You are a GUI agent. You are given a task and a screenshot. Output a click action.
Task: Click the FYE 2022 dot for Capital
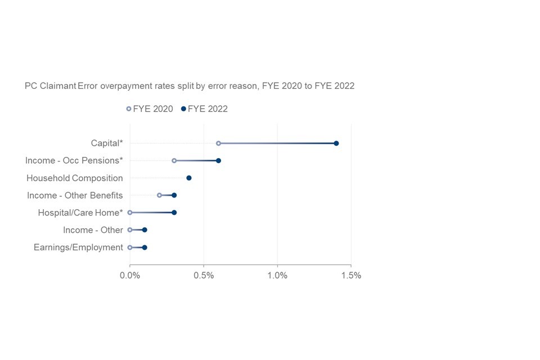tap(336, 143)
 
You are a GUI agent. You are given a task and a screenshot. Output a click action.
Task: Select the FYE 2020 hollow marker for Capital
tap(218, 143)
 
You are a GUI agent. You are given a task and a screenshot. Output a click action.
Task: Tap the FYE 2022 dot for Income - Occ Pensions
tap(218, 160)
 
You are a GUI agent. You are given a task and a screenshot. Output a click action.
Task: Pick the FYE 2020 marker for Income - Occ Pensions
tap(174, 160)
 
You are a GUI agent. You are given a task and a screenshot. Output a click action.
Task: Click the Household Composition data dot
tap(189, 178)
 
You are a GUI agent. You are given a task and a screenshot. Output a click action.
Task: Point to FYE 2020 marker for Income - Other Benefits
tap(159, 195)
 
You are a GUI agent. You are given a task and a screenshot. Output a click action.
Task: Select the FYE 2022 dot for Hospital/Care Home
tap(174, 213)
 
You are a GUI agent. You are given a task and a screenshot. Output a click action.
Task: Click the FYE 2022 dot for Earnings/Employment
tap(145, 247)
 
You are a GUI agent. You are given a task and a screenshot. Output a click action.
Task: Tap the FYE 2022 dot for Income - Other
tap(145, 230)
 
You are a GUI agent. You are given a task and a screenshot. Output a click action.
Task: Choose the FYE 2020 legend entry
tap(150, 109)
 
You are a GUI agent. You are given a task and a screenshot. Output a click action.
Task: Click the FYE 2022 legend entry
tap(204, 109)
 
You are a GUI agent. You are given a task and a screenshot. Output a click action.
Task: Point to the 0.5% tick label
tap(204, 276)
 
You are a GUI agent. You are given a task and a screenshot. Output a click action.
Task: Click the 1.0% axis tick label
tap(277, 276)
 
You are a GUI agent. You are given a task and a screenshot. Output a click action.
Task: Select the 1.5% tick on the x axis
tap(350, 276)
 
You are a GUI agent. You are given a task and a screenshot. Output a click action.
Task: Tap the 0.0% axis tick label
tap(130, 276)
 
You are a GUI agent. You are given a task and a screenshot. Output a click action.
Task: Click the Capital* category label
tap(107, 143)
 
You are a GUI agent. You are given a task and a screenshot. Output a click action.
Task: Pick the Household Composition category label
tap(75, 178)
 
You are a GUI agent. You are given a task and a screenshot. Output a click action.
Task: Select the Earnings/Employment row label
tap(78, 247)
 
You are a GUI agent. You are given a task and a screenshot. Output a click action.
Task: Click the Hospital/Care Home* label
tap(80, 213)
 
